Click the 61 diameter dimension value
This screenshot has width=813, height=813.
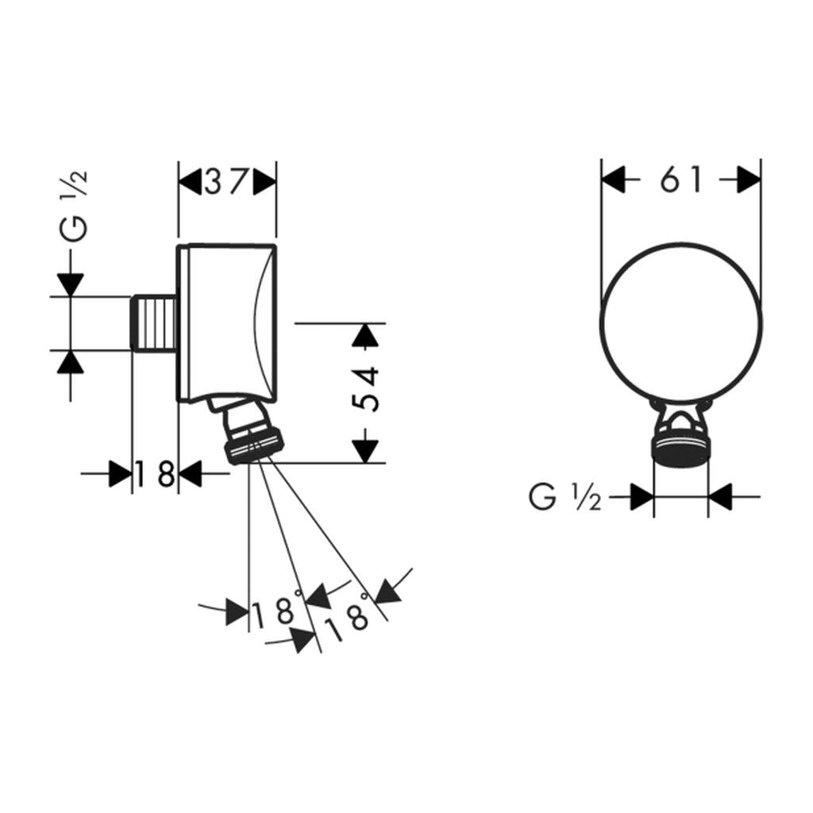[x=680, y=180]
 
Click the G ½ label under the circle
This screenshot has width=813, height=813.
[x=564, y=497]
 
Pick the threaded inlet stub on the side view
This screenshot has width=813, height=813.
[x=154, y=323]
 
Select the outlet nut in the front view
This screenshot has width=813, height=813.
[x=680, y=448]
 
